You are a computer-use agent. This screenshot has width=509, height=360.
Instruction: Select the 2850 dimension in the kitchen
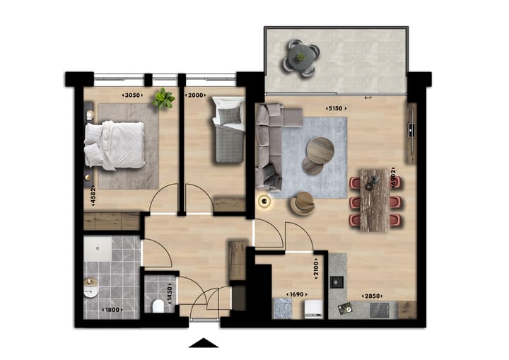(372, 295)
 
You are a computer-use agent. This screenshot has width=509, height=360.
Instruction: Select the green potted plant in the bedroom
(165, 98)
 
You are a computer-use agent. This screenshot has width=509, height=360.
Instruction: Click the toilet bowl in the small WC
(158, 306)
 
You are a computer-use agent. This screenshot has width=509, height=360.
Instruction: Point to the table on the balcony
(300, 55)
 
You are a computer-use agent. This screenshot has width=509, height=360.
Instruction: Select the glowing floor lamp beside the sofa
(265, 202)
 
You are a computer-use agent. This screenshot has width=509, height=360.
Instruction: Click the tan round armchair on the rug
(303, 203)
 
